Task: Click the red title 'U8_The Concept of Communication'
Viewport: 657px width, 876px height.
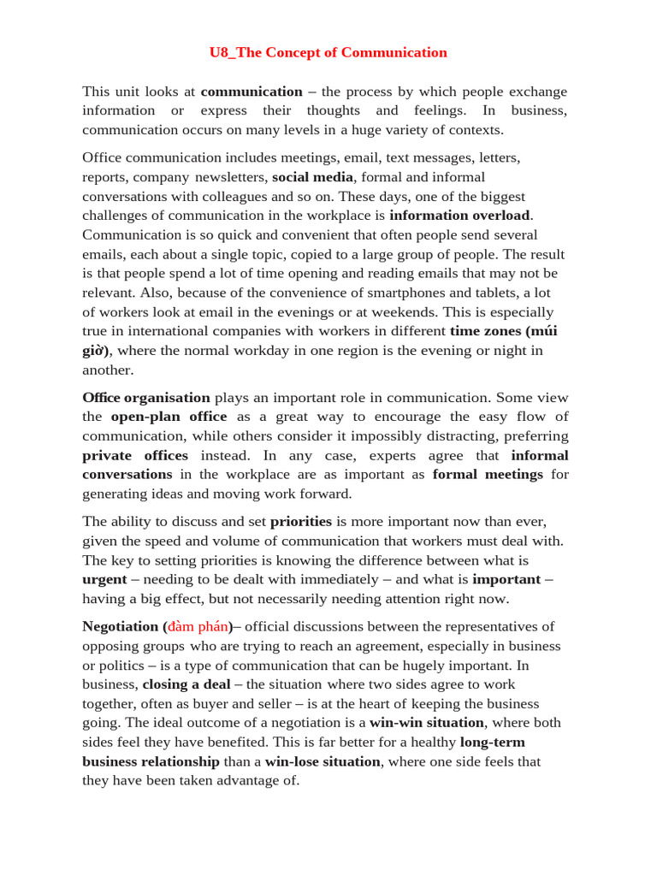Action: pyautogui.click(x=328, y=52)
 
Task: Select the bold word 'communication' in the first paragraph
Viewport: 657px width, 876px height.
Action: pyautogui.click(x=252, y=92)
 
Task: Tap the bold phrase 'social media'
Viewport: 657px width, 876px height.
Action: pyautogui.click(x=312, y=177)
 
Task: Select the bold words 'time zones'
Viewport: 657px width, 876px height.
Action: pyautogui.click(x=485, y=331)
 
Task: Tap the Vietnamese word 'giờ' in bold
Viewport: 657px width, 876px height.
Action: pyautogui.click(x=96, y=351)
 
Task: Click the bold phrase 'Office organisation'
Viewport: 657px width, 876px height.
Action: pyautogui.click(x=145, y=398)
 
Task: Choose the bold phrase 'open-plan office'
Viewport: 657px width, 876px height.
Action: pyautogui.click(x=169, y=417)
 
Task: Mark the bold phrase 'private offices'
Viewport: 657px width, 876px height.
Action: pyautogui.click(x=135, y=455)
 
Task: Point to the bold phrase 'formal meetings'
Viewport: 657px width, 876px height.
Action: pyautogui.click(x=488, y=474)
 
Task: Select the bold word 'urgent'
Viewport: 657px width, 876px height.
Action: pyautogui.click(x=104, y=579)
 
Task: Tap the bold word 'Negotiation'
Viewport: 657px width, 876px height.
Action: pyautogui.click(x=121, y=626)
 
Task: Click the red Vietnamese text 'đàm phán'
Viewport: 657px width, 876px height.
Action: pyautogui.click(x=198, y=626)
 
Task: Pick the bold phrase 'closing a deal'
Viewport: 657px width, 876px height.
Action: pyautogui.click(x=186, y=684)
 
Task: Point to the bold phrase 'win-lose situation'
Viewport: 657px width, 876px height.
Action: pyautogui.click(x=322, y=761)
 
